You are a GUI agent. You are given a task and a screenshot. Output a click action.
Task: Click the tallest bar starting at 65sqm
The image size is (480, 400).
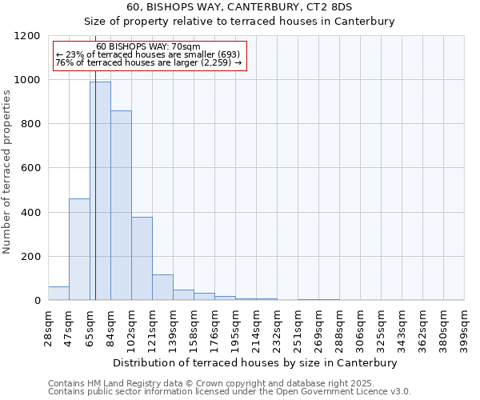[x=100, y=191]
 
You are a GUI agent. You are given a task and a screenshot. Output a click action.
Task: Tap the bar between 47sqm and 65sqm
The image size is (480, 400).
[x=79, y=250]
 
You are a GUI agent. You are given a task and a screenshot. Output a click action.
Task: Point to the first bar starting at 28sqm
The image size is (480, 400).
[x=58, y=294]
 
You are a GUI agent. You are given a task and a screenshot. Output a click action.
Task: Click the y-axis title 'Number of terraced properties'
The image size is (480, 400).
[x=7, y=172]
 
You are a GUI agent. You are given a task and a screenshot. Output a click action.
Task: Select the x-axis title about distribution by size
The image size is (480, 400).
[x=255, y=362]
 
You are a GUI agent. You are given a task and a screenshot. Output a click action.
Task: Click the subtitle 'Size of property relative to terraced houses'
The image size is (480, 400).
[x=239, y=22]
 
